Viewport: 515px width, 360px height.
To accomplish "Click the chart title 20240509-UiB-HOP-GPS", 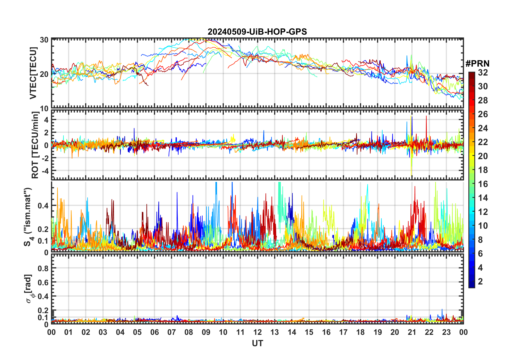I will [x=257, y=32].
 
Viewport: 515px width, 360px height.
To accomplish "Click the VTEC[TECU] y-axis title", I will [x=33, y=73].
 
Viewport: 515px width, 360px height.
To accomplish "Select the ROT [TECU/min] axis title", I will [x=35, y=145].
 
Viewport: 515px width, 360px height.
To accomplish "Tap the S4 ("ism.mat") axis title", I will [x=28, y=217].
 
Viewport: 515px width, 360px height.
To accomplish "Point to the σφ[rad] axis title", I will [x=29, y=289].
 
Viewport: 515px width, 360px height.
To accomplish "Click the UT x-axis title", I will [x=257, y=343].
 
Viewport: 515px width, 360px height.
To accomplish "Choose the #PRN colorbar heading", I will [x=477, y=64].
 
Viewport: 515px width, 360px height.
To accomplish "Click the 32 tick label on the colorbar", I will [x=483, y=73].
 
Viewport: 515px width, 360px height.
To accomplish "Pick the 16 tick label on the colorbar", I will [x=483, y=184].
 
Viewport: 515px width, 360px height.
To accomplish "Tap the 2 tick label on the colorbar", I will [x=480, y=282].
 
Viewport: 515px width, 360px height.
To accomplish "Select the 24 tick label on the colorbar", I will [x=483, y=128].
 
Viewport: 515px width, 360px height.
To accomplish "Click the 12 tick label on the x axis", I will [x=257, y=332].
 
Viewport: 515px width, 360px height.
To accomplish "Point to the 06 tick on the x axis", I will [x=155, y=332].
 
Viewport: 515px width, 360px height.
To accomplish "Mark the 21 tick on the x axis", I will [x=412, y=332].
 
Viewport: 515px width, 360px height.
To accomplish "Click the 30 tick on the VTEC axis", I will [x=44, y=40].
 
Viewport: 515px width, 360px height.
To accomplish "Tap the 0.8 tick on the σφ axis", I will [x=43, y=269].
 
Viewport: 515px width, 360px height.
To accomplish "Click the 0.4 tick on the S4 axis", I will [x=43, y=206].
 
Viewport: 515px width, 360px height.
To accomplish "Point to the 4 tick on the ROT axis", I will [x=46, y=120].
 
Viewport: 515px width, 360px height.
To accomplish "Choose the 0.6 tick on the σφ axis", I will [x=43, y=283].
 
